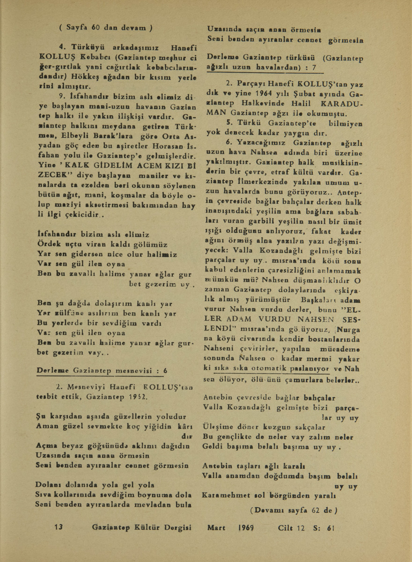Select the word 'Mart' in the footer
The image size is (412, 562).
pyautogui.click(x=217, y=527)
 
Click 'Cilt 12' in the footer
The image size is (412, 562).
pyautogui.click(x=291, y=527)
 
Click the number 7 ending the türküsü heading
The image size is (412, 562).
pyautogui.click(x=315, y=67)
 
